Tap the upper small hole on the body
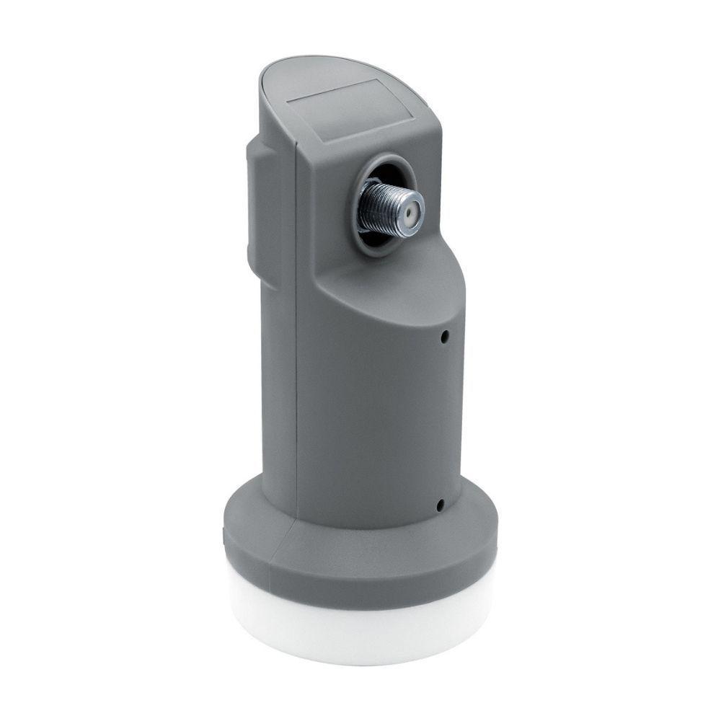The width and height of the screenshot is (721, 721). coord(446,336)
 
